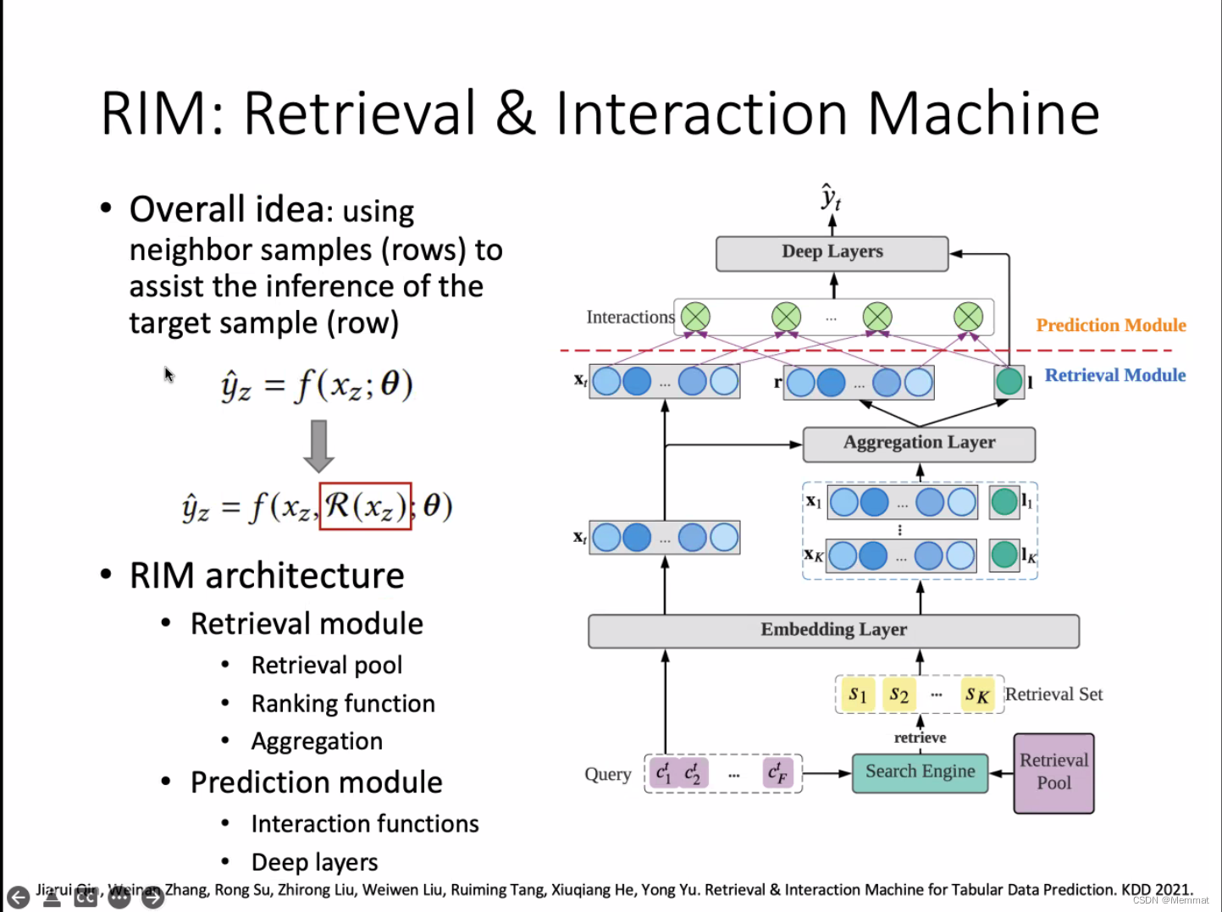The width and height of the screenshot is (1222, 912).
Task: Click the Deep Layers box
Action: (832, 252)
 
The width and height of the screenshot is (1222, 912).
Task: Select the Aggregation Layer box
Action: (919, 443)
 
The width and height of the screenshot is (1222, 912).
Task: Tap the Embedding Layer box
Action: (833, 630)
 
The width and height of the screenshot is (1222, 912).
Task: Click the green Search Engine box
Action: (920, 772)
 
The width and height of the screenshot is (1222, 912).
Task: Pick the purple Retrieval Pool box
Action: (1053, 772)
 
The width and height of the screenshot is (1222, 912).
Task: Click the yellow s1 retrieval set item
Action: (857, 695)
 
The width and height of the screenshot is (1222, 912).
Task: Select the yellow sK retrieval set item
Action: (976, 695)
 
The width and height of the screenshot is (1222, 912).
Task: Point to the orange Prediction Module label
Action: (1110, 325)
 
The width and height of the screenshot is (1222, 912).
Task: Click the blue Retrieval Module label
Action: (1114, 375)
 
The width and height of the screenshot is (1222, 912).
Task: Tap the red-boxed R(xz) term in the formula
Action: (365, 506)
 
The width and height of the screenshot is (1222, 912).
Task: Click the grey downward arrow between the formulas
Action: (318, 445)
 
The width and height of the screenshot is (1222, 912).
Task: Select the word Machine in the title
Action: (983, 113)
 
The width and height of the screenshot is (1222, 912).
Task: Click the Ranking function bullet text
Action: (343, 704)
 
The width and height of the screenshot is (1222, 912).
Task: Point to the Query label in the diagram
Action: (607, 774)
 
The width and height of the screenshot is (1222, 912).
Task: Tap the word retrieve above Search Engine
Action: (920, 738)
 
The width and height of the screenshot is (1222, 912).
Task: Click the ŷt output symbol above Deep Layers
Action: (831, 198)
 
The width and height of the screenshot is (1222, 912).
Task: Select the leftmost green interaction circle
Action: (695, 318)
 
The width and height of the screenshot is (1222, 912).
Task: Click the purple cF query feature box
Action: (777, 773)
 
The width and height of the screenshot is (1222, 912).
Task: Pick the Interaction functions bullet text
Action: (365, 824)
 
